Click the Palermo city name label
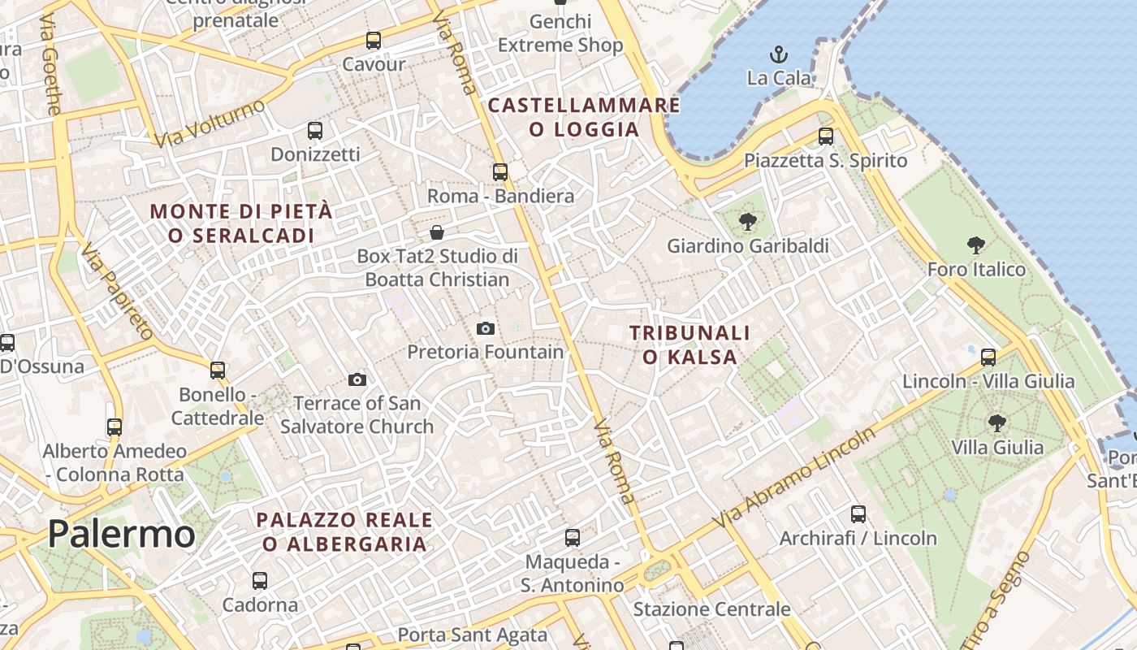(x=121, y=535)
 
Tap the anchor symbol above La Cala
(x=779, y=55)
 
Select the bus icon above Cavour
(x=374, y=41)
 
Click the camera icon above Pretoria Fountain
(x=486, y=328)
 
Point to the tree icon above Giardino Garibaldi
(x=748, y=221)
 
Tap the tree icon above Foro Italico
(x=976, y=245)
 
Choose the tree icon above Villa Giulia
(x=997, y=422)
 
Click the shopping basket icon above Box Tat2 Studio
(x=437, y=233)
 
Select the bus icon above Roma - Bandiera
(x=500, y=172)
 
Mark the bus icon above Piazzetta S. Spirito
(x=826, y=136)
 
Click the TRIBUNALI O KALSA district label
(x=690, y=344)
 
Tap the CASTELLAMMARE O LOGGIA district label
(x=584, y=117)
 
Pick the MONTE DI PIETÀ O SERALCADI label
(x=241, y=223)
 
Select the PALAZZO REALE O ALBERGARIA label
(x=344, y=531)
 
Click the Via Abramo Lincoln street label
(x=794, y=477)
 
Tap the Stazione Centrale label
(x=711, y=609)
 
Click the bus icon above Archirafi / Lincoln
(x=858, y=514)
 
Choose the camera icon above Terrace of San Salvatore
(x=357, y=379)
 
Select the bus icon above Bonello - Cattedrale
(x=218, y=370)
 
